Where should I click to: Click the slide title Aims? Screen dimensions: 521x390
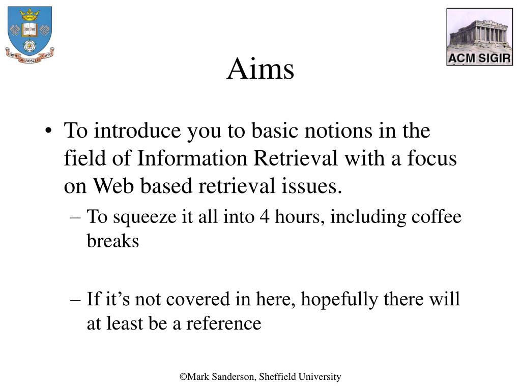(x=260, y=69)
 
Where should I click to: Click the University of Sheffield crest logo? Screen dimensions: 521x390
(x=30, y=35)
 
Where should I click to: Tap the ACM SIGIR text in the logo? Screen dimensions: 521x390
(x=479, y=58)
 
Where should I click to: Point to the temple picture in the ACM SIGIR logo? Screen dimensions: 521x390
(x=479, y=31)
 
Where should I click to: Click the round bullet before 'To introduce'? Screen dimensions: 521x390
(x=48, y=131)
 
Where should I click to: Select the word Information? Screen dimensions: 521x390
(x=192, y=158)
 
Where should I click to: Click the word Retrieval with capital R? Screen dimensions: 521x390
(x=296, y=158)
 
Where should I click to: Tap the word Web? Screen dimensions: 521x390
(x=113, y=186)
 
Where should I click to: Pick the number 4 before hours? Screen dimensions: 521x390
(x=265, y=217)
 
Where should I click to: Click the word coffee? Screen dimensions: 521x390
(x=436, y=216)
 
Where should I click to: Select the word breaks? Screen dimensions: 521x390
(x=113, y=241)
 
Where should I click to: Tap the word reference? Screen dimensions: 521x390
(x=224, y=323)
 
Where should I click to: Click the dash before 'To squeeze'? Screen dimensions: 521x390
(x=75, y=217)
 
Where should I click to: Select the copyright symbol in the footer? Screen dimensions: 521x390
(x=183, y=377)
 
